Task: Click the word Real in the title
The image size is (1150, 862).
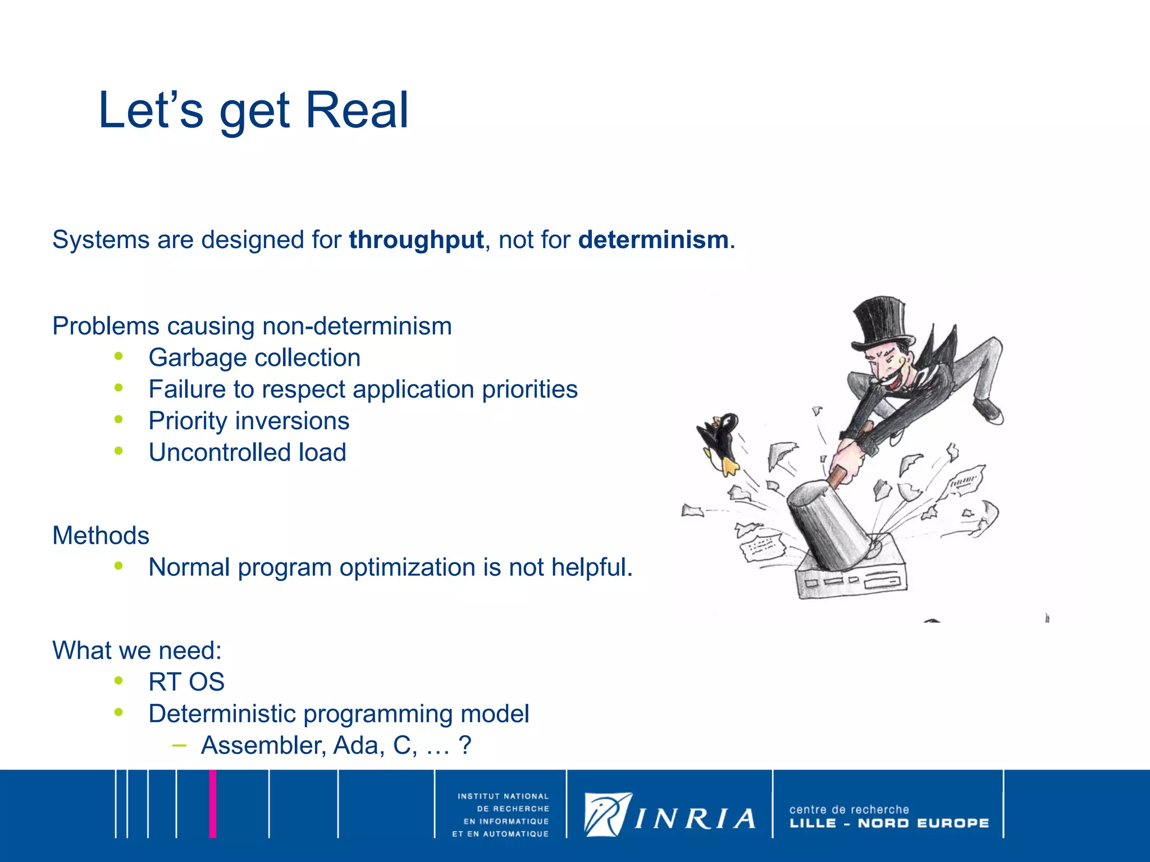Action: [x=357, y=111]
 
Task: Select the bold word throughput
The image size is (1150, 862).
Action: [x=416, y=240]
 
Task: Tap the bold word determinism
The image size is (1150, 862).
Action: [x=653, y=240]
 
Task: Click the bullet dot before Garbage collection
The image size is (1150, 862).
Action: [x=118, y=356]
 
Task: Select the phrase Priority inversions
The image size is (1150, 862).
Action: [x=249, y=421]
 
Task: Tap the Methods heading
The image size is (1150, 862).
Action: [x=101, y=535]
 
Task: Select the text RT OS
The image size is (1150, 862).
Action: [x=186, y=682]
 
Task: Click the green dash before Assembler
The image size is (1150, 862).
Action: [x=179, y=745]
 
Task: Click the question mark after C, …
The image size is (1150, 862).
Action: [x=464, y=746]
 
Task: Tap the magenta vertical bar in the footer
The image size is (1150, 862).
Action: [x=213, y=804]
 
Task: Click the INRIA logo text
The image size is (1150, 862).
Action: [x=695, y=819]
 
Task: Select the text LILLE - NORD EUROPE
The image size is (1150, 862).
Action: [x=889, y=823]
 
